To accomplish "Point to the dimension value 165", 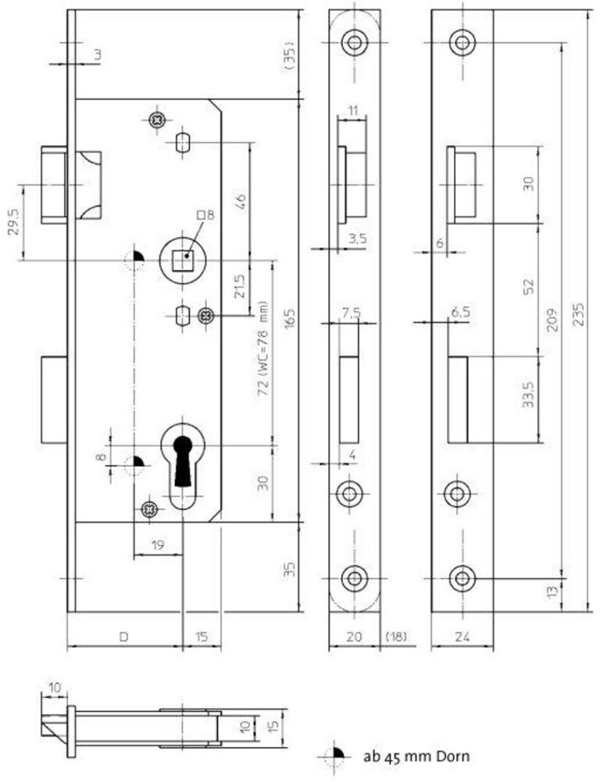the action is (289, 321).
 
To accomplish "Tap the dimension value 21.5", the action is (241, 287).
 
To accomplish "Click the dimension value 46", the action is (241, 198).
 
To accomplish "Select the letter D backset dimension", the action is (123, 637).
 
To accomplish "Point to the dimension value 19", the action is (157, 546).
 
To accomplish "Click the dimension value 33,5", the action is (529, 397).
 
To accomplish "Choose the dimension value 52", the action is (529, 288).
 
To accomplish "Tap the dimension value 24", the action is (462, 637).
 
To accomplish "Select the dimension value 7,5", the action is (351, 314).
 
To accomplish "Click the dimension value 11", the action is (352, 110).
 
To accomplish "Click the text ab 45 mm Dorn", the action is (415, 756).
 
